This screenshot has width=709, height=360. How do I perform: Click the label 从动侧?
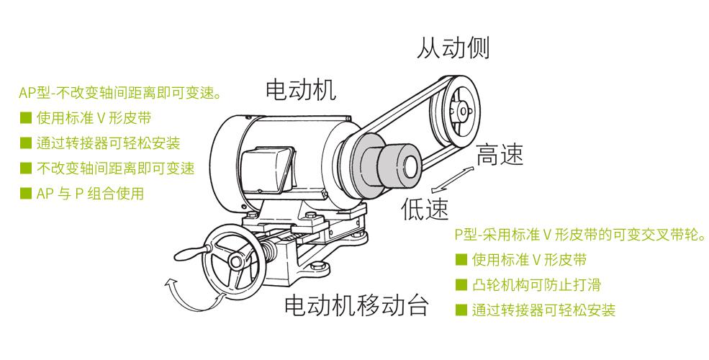[453, 48]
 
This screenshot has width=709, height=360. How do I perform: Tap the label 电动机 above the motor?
[301, 89]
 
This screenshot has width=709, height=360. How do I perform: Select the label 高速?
[500, 155]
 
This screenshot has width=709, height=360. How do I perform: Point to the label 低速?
[425, 209]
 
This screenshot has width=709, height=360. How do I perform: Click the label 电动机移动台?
[356, 305]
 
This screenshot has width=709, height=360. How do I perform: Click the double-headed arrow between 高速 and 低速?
[452, 180]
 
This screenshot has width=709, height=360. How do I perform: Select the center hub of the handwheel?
[236, 261]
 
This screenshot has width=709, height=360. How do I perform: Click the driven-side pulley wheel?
[455, 112]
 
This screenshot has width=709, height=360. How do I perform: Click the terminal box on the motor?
[268, 170]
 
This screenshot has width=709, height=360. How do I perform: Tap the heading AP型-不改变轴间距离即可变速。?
[120, 93]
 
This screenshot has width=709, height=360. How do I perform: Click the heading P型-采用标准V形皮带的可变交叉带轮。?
[580, 235]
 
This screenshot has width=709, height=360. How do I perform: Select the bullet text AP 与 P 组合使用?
[91, 194]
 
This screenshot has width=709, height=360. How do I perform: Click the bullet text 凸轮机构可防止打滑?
[536, 285]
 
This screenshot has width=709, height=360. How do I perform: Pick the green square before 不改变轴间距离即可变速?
[26, 168]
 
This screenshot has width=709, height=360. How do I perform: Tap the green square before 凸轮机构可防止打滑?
[461, 284]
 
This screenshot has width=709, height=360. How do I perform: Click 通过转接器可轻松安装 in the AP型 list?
[109, 143]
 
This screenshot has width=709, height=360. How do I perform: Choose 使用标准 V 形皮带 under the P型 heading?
[530, 260]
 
